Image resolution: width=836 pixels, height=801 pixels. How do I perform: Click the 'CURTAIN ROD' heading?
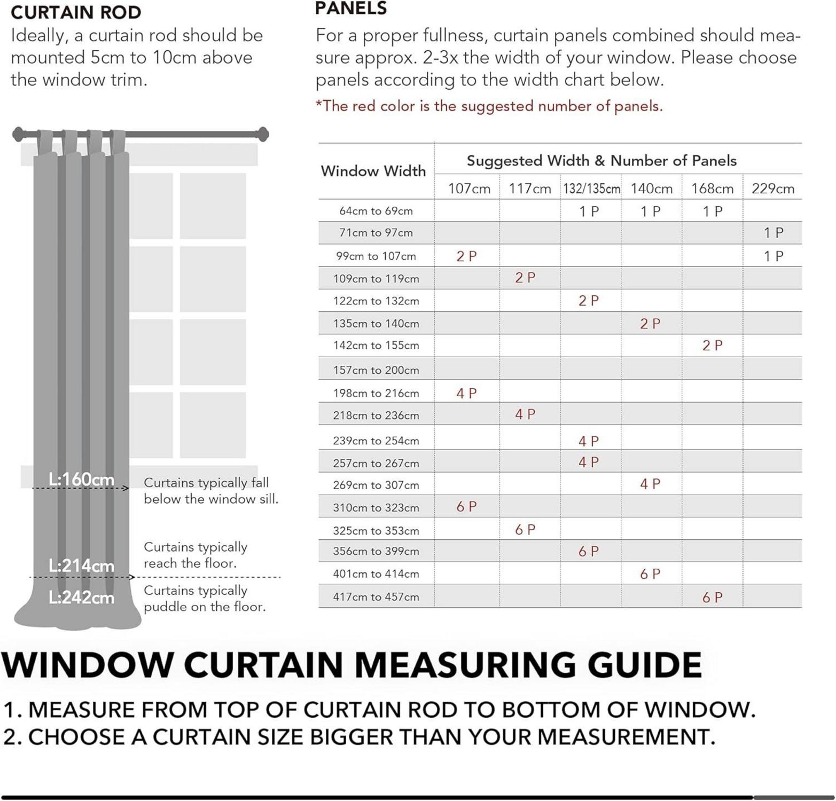click(76, 12)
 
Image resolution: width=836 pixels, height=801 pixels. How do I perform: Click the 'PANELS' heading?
click(350, 9)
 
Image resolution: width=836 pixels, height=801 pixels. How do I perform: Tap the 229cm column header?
click(772, 189)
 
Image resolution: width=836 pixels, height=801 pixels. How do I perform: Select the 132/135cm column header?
click(591, 189)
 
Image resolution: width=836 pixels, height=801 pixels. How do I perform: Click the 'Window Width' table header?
click(373, 171)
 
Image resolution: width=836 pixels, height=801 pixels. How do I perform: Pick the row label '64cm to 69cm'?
click(376, 211)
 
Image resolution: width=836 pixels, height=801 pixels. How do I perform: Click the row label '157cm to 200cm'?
click(376, 370)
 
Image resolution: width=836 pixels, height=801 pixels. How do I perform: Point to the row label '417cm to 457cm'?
click(376, 597)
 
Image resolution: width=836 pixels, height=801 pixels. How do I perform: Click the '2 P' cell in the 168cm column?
click(712, 345)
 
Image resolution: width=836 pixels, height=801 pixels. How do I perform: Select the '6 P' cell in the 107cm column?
click(466, 507)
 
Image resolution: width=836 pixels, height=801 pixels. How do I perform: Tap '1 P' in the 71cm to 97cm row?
click(773, 233)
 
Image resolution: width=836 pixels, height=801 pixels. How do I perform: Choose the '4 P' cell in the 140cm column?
click(650, 484)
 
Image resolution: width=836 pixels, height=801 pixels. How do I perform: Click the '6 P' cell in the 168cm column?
click(712, 598)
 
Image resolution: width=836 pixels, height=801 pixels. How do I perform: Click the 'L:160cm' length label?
click(81, 479)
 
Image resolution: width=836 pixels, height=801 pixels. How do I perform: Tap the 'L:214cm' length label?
click(81, 566)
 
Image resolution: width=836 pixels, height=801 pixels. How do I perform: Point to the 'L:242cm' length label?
click(81, 597)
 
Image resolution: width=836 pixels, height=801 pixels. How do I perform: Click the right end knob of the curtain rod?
click(263, 134)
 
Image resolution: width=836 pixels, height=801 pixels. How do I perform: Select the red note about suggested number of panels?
click(489, 106)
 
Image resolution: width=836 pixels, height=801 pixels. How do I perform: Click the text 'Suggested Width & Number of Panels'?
click(601, 161)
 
